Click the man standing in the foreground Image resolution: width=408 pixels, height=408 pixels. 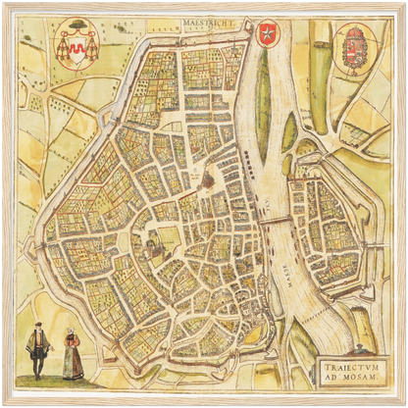tap(37, 352)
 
